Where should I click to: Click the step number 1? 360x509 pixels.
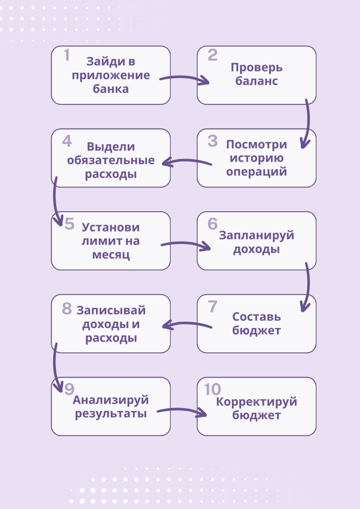(x=66, y=55)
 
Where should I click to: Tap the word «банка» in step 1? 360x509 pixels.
(x=110, y=89)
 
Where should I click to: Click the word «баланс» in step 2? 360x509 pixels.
(x=257, y=81)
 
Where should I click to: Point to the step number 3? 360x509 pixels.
(x=212, y=141)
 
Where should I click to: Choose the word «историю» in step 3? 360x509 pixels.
(x=257, y=159)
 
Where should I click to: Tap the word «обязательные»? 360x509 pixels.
(x=111, y=161)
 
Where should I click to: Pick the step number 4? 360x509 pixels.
(x=67, y=141)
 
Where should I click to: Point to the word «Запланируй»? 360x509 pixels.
(x=257, y=235)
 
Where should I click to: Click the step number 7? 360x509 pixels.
(x=212, y=306)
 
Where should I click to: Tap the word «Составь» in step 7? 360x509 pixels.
(x=257, y=317)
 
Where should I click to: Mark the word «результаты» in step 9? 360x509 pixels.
(x=111, y=414)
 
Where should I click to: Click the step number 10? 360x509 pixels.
(x=212, y=389)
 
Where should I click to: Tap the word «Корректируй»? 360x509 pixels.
(x=257, y=402)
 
